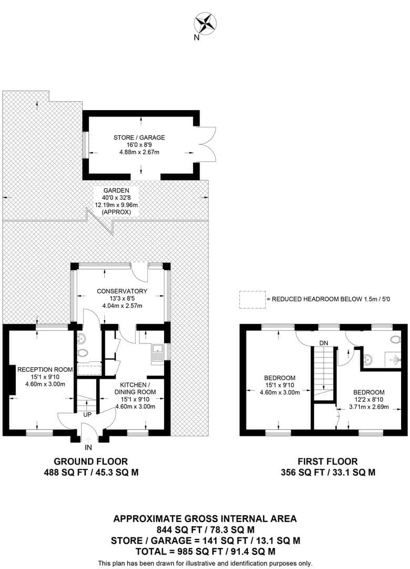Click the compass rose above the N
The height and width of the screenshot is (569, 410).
[205, 23]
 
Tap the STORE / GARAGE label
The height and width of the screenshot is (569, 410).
[139, 138]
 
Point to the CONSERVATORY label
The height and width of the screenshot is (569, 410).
[122, 291]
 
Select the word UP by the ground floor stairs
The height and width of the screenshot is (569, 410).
[87, 415]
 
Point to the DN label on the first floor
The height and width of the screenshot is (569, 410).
[324, 344]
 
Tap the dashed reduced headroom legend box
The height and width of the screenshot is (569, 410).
[252, 299]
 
